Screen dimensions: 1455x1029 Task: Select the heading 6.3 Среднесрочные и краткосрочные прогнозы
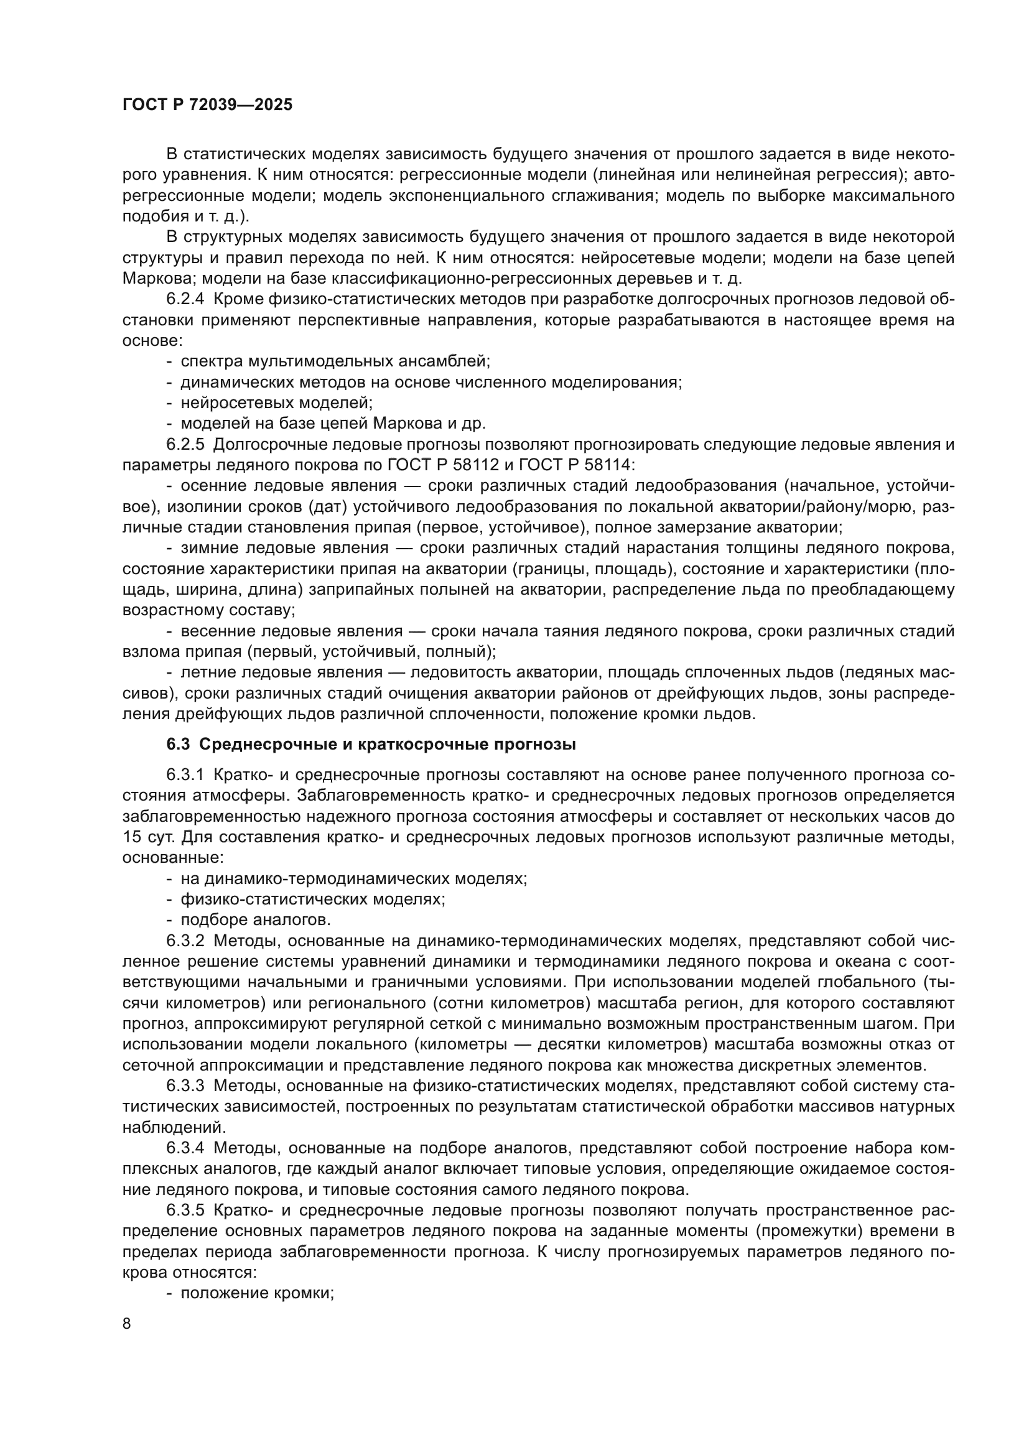pyautogui.click(x=371, y=745)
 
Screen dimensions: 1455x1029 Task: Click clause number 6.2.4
pyautogui.click(x=185, y=299)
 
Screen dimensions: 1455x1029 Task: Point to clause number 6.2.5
pyautogui.click(x=185, y=444)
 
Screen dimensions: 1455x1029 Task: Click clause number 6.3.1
pyautogui.click(x=185, y=775)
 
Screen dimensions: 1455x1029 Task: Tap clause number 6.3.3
pyautogui.click(x=185, y=1085)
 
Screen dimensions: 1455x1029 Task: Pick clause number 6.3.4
pyautogui.click(x=185, y=1148)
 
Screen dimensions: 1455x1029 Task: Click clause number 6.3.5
pyautogui.click(x=185, y=1211)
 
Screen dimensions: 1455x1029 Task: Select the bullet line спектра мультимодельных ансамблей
pyautogui.click(x=335, y=361)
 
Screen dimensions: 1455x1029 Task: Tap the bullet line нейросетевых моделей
pyautogui.click(x=276, y=402)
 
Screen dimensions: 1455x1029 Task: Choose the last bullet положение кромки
pyautogui.click(x=256, y=1293)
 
